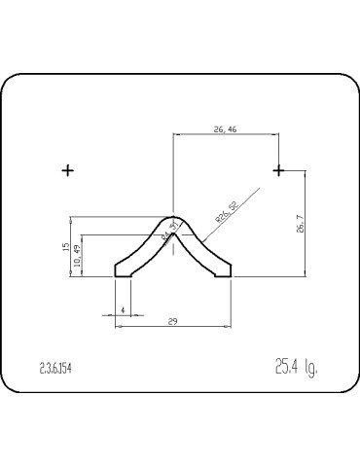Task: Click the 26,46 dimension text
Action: (x=225, y=126)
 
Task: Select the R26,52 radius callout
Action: (x=226, y=215)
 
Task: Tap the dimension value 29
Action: (x=173, y=320)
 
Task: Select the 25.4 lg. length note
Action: (x=297, y=368)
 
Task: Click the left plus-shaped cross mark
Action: (x=67, y=170)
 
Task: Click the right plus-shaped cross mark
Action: (x=279, y=170)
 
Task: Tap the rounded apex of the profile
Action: (x=173, y=219)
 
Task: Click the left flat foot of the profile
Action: (x=123, y=276)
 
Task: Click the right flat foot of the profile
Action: (x=224, y=276)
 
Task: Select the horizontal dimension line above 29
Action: (x=173, y=327)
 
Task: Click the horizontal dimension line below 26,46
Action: (x=225, y=134)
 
